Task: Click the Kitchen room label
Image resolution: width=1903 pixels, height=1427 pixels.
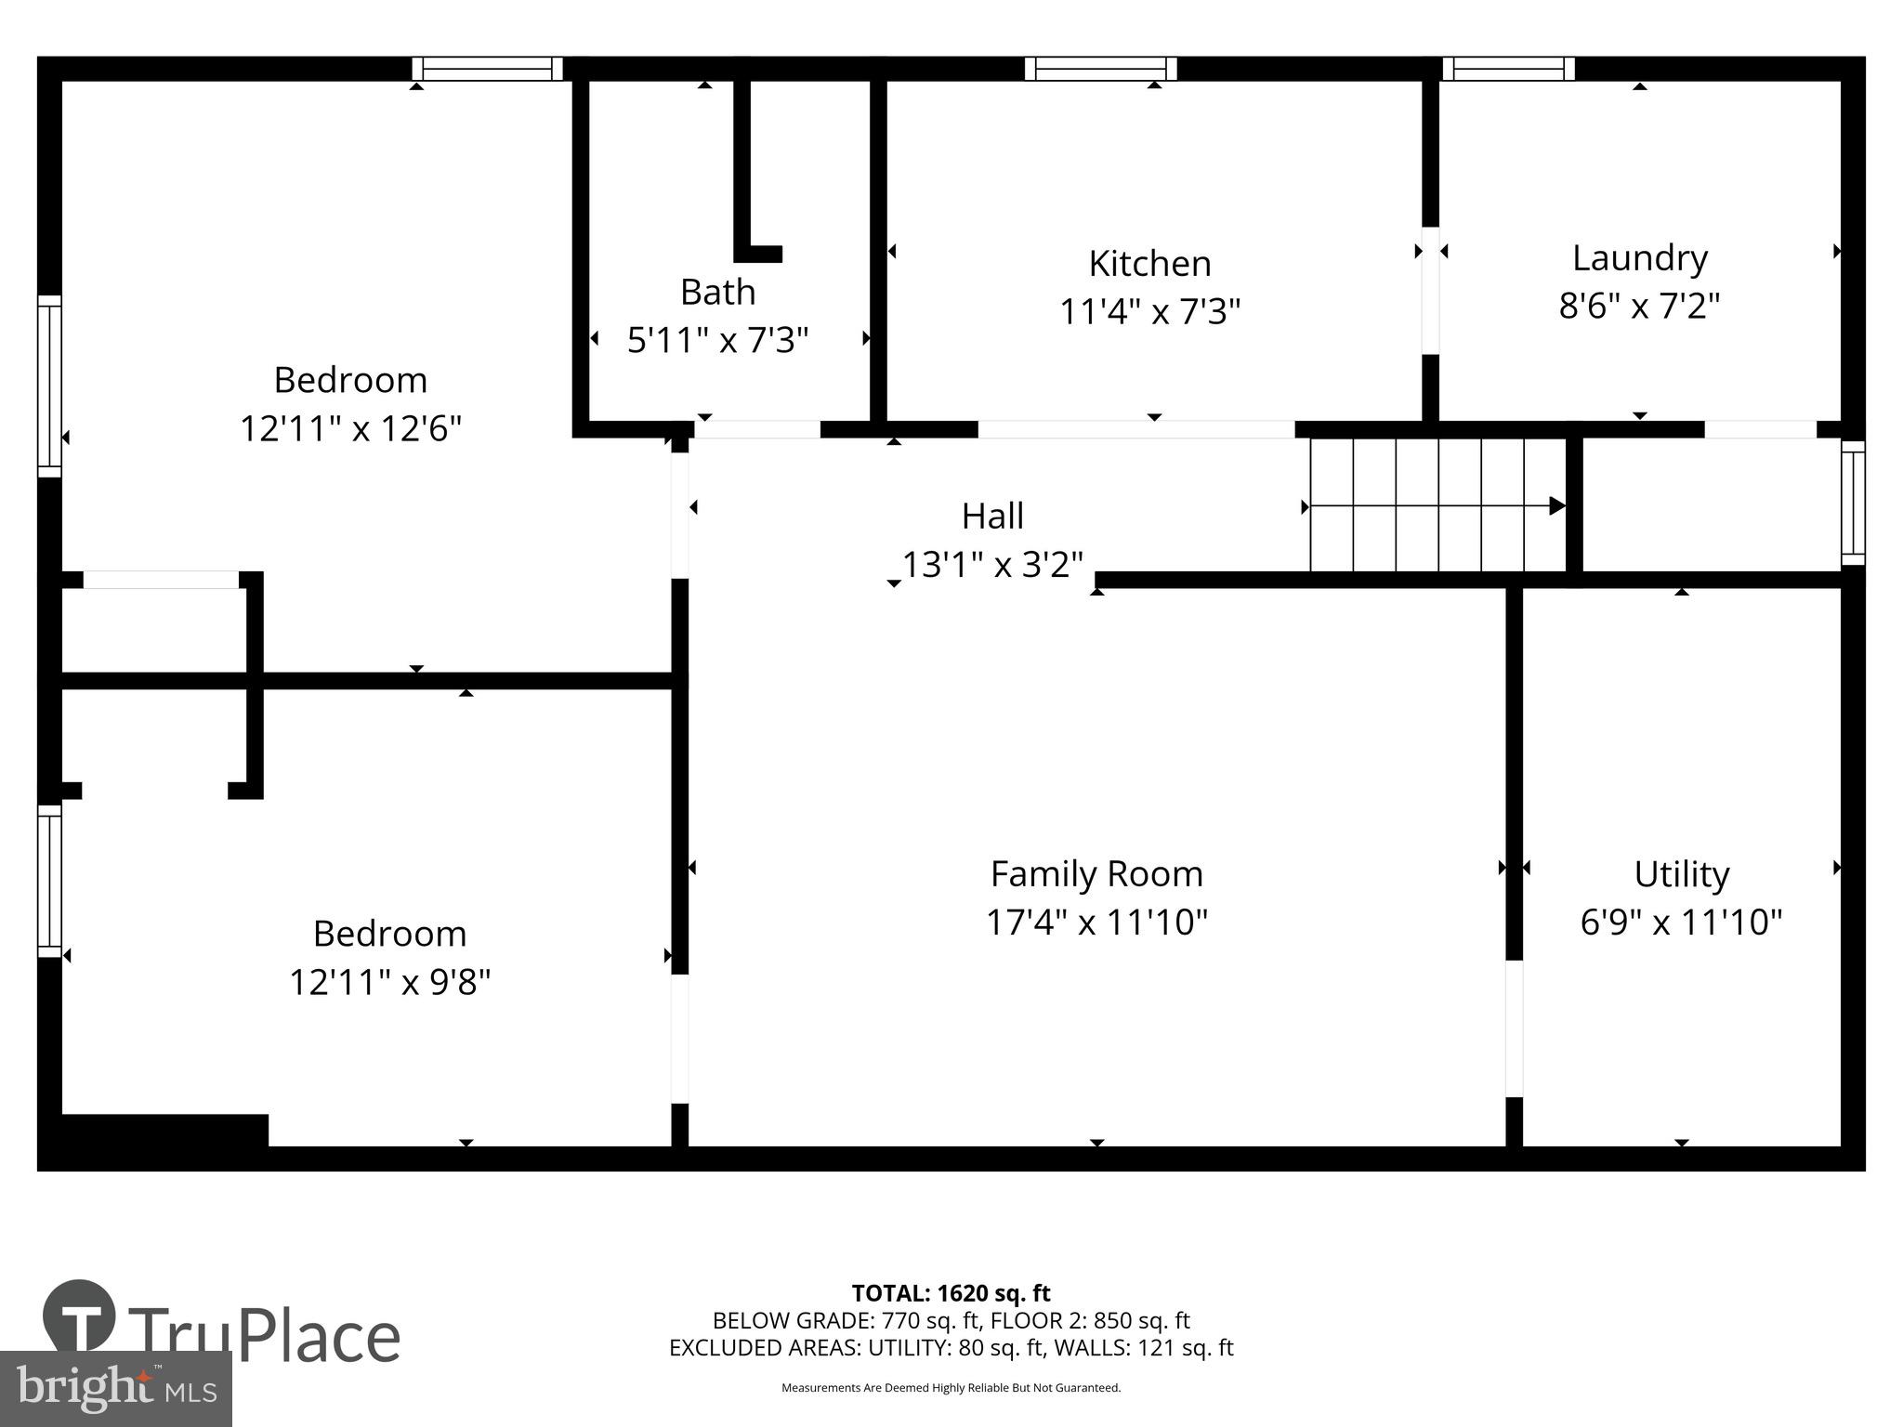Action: click(x=1149, y=264)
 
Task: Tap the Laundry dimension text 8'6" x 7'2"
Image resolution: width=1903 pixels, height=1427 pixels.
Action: click(x=1639, y=306)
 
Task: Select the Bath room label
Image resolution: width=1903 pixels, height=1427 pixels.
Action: click(x=717, y=293)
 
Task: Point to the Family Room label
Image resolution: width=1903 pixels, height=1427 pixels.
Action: click(x=1096, y=874)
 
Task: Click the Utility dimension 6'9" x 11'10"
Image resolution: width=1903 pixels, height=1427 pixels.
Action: click(x=1681, y=923)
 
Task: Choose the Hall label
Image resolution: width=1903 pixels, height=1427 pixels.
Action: click(x=992, y=517)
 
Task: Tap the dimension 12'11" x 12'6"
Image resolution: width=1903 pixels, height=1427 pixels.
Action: click(x=350, y=429)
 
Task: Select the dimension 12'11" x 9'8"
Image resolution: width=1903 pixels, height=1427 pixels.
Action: click(x=389, y=982)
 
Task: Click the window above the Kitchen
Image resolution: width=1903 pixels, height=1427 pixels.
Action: click(x=1101, y=69)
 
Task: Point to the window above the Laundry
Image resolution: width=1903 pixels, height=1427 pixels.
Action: click(x=1508, y=69)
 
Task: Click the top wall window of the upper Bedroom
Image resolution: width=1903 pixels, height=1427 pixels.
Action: click(x=488, y=69)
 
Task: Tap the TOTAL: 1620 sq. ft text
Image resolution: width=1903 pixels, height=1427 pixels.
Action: click(x=951, y=1293)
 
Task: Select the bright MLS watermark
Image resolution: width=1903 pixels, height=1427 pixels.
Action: click(x=115, y=1388)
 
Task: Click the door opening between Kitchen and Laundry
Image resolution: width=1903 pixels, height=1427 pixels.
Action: click(x=1431, y=290)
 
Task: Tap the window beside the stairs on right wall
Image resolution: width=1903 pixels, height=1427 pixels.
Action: click(x=1853, y=503)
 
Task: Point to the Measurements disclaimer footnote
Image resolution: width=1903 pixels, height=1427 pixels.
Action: click(x=951, y=1388)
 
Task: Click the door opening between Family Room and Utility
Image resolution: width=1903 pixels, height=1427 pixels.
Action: click(x=1514, y=1028)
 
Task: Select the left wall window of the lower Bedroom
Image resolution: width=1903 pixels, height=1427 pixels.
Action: click(x=49, y=880)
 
